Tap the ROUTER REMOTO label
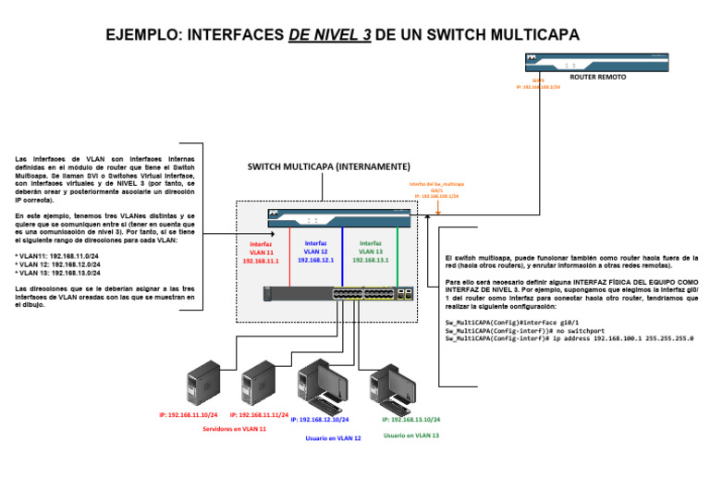[598, 78]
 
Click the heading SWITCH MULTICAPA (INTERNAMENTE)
[328, 167]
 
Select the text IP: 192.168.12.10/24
[320, 420]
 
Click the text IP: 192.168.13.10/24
[410, 420]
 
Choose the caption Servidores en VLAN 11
[234, 429]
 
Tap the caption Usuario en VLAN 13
[411, 435]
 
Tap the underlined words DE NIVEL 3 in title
[330, 35]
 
